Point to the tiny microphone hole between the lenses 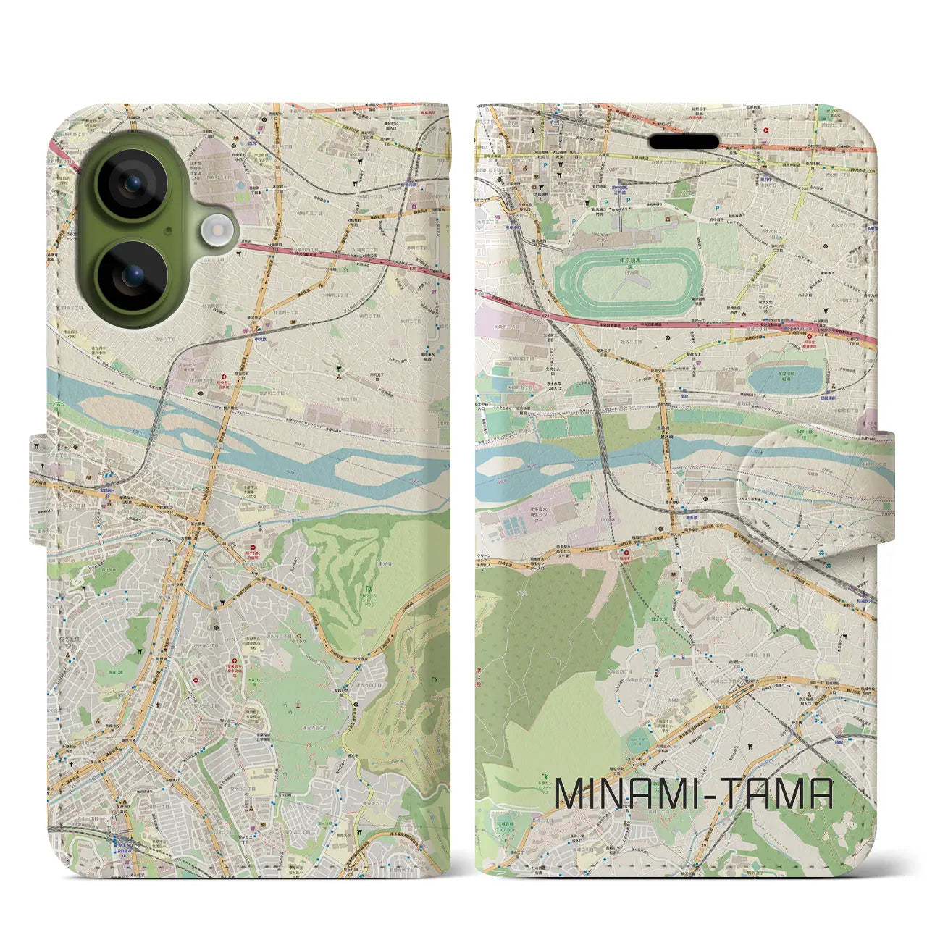pyautogui.click(x=168, y=230)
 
